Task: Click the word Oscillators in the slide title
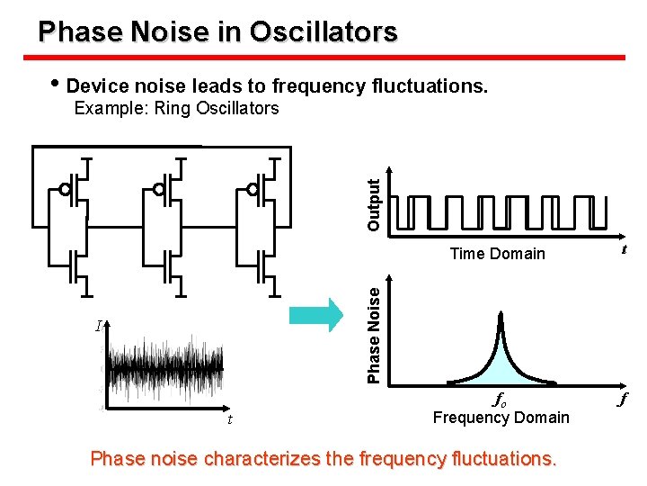[x=323, y=32]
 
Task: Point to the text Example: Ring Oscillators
[x=176, y=109]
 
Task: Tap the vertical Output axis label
[x=375, y=201]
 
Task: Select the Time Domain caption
[x=497, y=254]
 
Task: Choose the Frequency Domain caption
[x=501, y=418]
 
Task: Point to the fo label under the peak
[x=500, y=399]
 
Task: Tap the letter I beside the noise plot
[x=98, y=326]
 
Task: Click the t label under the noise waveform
[x=230, y=418]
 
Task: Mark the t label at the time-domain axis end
[x=624, y=251]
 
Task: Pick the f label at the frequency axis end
[x=623, y=399]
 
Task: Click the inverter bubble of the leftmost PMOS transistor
[x=65, y=190]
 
